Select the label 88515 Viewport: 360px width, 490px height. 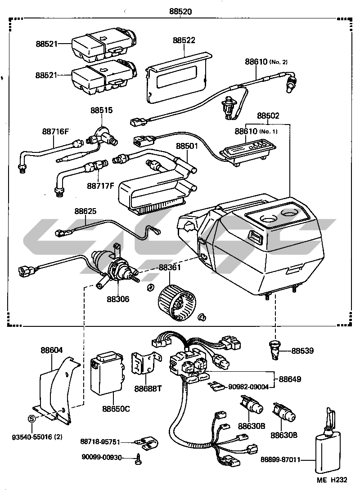pyautogui.click(x=101, y=110)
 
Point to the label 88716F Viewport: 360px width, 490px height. pyautogui.click(x=56, y=132)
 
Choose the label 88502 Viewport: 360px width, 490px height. pyautogui.click(x=268, y=116)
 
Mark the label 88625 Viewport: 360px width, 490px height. pyautogui.click(x=85, y=211)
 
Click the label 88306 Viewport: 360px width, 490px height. pyautogui.click(x=118, y=299)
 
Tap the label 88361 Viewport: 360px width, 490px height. pyautogui.click(x=170, y=267)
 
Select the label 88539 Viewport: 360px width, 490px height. pyautogui.click(x=303, y=351)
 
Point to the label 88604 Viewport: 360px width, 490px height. pyautogui.click(x=52, y=350)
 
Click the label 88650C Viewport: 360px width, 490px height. pyautogui.click(x=116, y=409)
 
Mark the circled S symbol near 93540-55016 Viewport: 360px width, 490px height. pyautogui.click(x=31, y=419)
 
